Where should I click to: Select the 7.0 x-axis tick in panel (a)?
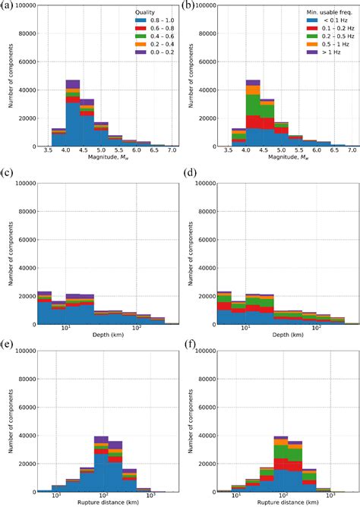point(173,152)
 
